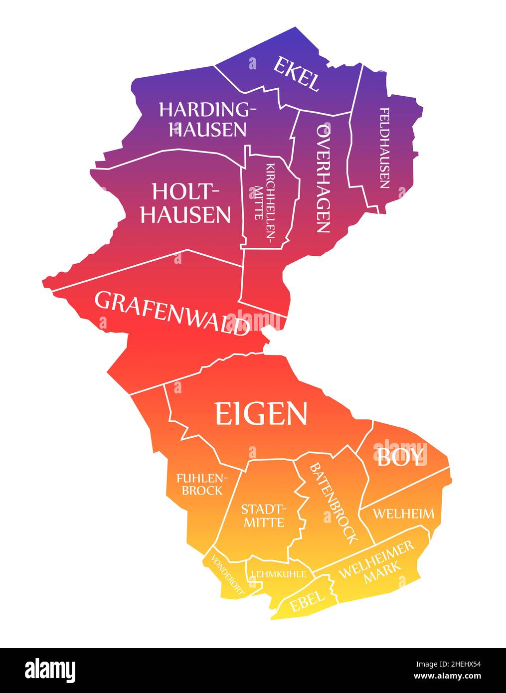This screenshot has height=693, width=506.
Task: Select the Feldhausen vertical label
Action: click(384, 148)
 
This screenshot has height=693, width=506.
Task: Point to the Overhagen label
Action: click(323, 178)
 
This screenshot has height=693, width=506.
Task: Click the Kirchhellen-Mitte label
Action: click(265, 198)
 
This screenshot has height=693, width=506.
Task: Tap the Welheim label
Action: click(404, 514)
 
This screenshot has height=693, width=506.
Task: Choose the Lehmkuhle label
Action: click(278, 574)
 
